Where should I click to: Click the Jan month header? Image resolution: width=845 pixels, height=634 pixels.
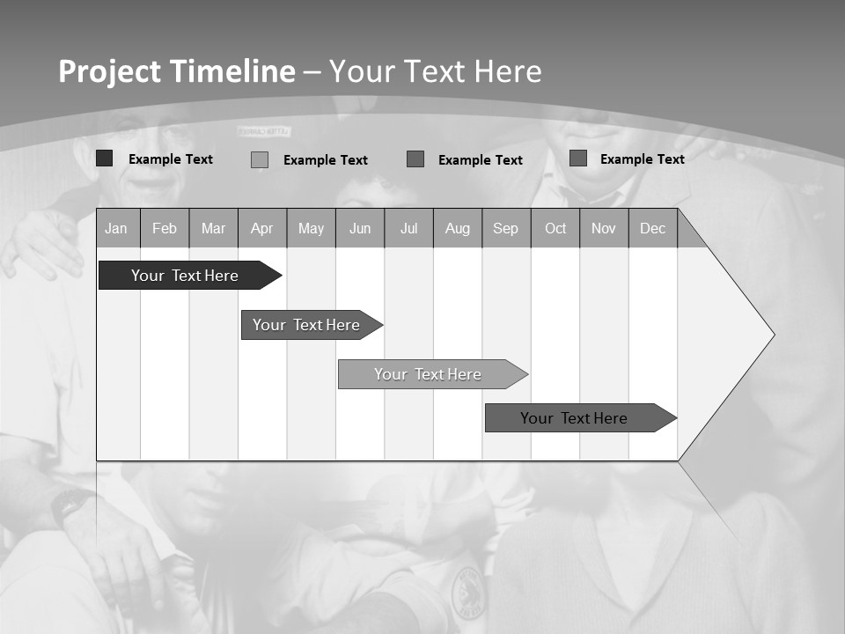(116, 229)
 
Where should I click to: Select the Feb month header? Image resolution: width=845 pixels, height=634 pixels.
(165, 229)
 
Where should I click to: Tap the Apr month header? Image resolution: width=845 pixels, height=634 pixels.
(262, 229)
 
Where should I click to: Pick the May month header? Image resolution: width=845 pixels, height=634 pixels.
(311, 229)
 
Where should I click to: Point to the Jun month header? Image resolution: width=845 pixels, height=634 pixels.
(360, 229)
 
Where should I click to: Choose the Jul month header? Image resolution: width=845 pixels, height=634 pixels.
(408, 229)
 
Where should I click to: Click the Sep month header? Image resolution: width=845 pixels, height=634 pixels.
(506, 229)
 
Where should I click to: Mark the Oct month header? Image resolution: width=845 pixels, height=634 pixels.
(555, 229)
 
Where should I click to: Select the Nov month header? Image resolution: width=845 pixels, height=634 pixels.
(604, 229)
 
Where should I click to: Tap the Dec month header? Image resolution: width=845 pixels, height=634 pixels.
(652, 229)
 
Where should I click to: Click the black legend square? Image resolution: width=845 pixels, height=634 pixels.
(104, 158)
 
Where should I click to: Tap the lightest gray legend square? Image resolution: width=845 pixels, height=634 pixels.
(260, 159)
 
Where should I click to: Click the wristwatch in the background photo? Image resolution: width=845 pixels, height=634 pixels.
(68, 505)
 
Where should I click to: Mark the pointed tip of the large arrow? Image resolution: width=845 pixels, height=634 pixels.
(773, 335)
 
